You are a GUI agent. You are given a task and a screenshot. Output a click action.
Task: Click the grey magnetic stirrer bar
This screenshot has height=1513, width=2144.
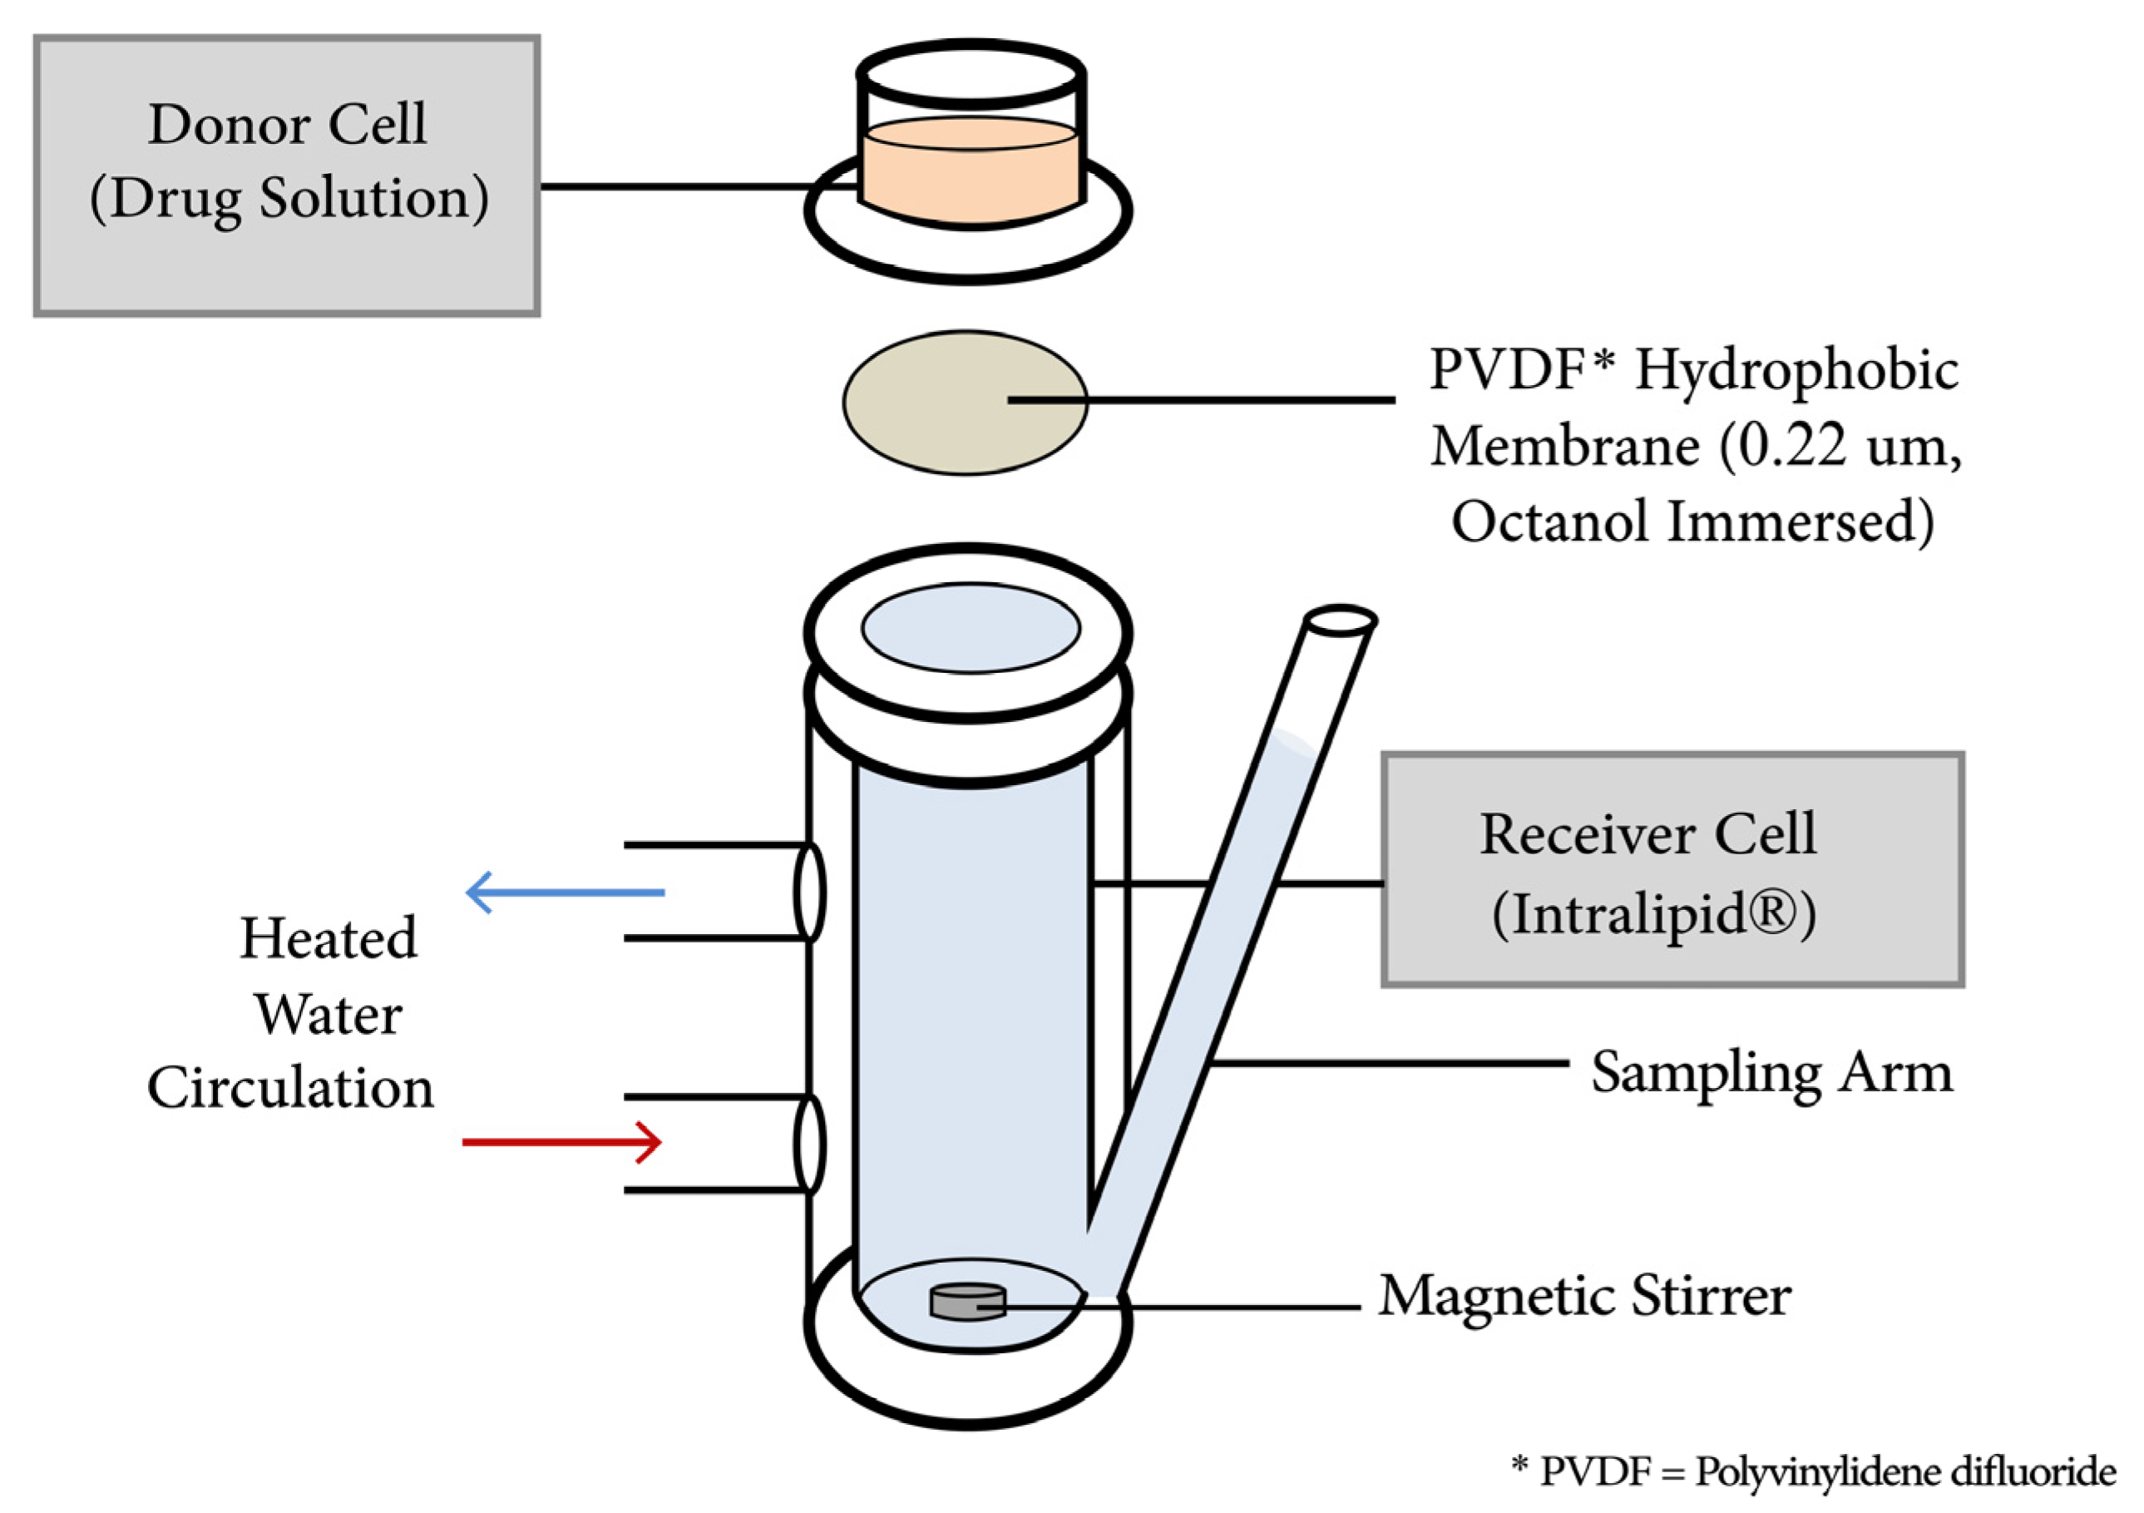coord(967,1302)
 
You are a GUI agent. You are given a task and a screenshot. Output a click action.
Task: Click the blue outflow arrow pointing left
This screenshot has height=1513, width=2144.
coord(566,892)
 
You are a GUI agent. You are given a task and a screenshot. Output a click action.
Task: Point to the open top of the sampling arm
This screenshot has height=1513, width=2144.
coord(1339,619)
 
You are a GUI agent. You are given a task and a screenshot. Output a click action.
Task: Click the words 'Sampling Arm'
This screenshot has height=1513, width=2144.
coord(1771,1072)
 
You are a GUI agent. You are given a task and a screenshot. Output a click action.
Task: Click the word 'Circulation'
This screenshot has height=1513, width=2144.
coord(290,1088)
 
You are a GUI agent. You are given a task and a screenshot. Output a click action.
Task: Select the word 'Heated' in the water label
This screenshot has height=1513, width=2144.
coord(328,937)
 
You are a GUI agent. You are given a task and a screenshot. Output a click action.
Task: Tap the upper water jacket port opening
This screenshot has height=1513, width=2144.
coord(809,892)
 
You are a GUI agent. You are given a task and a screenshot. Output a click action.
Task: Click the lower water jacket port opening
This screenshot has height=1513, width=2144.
coord(809,1144)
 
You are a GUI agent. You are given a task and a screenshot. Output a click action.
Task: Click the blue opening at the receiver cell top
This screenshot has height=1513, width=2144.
coord(971,628)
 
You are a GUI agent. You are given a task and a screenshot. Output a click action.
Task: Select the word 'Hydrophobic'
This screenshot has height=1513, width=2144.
coord(1796,370)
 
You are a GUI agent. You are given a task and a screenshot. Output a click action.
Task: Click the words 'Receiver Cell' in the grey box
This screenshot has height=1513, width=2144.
coord(1648,833)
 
